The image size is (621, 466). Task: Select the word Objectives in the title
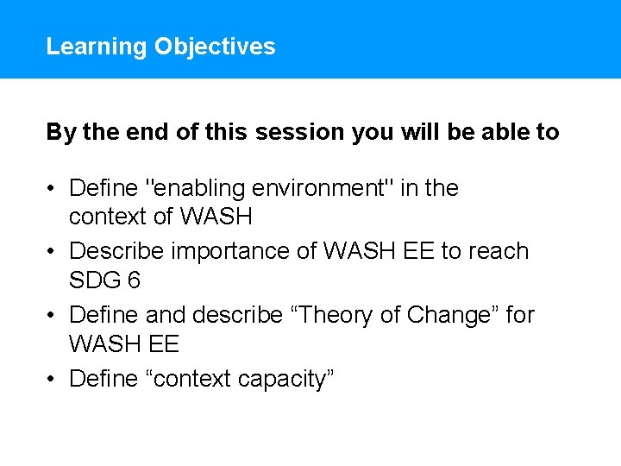tap(215, 47)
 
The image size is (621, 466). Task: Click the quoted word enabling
tap(191, 188)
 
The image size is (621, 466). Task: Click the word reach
tap(499, 251)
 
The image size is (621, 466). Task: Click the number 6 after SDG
tap(134, 280)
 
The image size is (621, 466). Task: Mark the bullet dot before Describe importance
tap(53, 252)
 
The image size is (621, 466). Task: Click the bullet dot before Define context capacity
tap(53, 379)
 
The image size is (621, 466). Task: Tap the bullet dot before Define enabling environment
tap(53, 188)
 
